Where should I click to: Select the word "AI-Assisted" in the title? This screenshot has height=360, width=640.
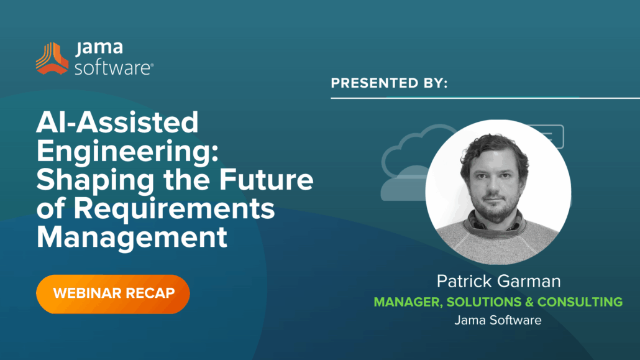pyautogui.click(x=117, y=124)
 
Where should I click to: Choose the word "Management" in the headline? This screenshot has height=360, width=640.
pyautogui.click(x=132, y=238)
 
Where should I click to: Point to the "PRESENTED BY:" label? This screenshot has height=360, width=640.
pyautogui.click(x=389, y=83)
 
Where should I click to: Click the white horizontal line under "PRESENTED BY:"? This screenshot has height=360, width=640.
pyautogui.click(x=485, y=98)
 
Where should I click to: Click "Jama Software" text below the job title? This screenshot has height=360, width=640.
pyautogui.click(x=498, y=321)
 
